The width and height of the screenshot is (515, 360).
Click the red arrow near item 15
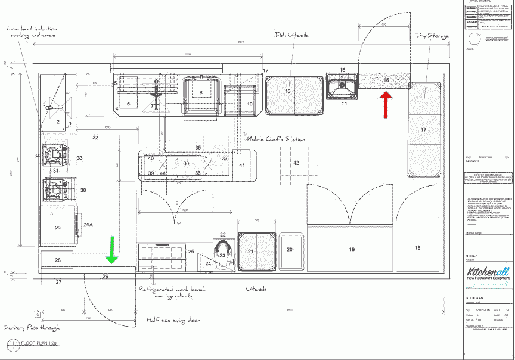tap(387, 101)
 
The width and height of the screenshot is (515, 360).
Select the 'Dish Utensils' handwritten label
tap(291, 35)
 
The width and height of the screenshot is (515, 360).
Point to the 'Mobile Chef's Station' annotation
tap(275, 139)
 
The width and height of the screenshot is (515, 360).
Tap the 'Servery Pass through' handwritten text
tap(32, 328)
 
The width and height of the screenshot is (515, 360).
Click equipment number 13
tap(287, 91)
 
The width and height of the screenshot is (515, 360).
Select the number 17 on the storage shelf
tap(423, 129)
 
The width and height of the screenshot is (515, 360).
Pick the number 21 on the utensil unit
tap(251, 252)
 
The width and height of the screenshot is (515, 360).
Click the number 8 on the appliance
tap(201, 92)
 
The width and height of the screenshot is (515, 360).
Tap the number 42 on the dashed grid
tap(296, 162)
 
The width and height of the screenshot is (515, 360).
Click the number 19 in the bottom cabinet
tap(352, 249)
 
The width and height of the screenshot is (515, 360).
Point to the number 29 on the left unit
tap(58, 228)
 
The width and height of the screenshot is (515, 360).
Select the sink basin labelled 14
tap(342, 87)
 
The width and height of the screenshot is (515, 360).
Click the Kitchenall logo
tap(488, 275)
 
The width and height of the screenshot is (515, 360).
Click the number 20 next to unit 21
tap(290, 250)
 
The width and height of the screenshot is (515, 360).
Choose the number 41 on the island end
tap(242, 165)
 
